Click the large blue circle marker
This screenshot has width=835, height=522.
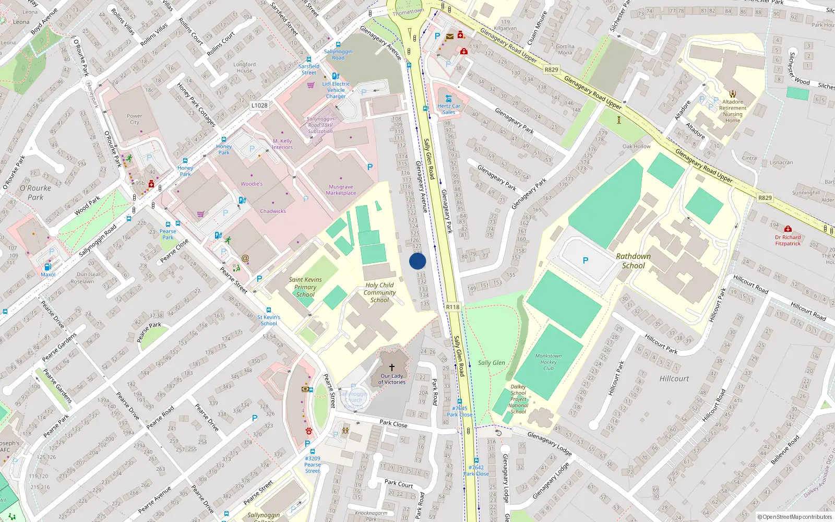417,261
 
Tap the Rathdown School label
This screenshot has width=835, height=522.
633,261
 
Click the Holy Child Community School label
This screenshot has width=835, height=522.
379,293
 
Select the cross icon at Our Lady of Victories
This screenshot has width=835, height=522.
392,367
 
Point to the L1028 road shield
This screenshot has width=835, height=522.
259,105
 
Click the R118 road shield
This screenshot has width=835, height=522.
452,307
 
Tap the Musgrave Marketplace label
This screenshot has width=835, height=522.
341,190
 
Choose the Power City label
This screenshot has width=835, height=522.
134,119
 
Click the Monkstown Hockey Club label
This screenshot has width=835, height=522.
548,362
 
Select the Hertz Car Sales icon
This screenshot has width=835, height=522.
448,99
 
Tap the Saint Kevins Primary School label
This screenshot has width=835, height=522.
305,287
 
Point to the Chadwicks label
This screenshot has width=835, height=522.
273,211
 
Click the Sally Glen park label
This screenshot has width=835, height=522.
491,363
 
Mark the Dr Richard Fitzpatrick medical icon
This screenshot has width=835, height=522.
788,229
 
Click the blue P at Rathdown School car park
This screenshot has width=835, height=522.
585,260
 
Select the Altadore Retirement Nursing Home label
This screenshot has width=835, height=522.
733,111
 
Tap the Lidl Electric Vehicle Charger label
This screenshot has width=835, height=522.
336,90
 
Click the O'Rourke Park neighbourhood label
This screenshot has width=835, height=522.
35,193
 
